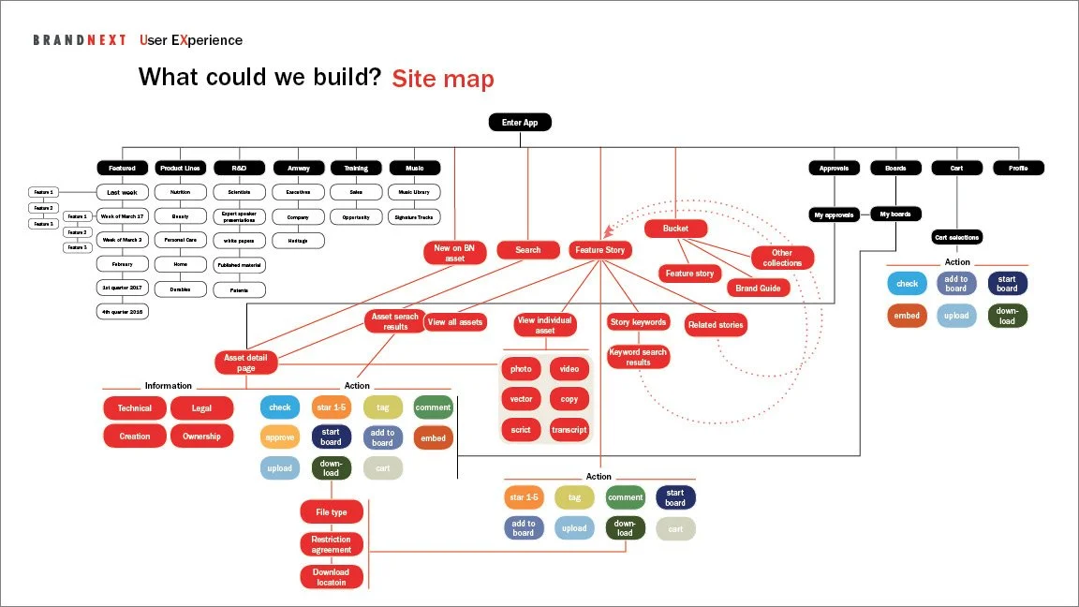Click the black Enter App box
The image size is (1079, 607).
point(520,122)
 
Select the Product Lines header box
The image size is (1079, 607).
point(180,169)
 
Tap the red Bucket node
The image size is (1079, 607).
point(675,229)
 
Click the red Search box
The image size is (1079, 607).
point(528,250)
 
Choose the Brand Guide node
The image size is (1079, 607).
point(758,289)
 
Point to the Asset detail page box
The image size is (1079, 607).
point(246,363)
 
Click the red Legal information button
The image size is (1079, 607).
point(201,408)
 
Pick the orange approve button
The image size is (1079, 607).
point(280,437)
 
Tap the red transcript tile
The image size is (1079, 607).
point(569,430)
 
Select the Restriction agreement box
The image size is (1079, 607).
point(332,544)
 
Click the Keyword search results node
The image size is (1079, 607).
point(638,357)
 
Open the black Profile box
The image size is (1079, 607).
point(1018,169)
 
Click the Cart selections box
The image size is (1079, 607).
point(957,238)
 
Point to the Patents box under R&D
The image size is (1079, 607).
point(240,290)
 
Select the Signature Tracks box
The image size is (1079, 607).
point(414,217)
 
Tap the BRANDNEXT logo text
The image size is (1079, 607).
point(80,40)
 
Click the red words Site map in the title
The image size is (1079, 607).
point(442,79)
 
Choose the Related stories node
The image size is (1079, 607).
point(716,326)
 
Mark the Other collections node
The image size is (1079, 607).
point(782,258)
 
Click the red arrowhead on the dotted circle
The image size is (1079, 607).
point(610,229)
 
